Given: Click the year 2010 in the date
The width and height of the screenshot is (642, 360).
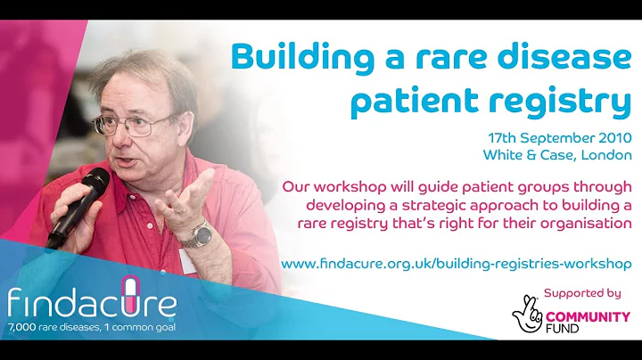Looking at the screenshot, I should [x=613, y=140].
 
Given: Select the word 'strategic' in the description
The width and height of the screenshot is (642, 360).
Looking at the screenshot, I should [x=426, y=206].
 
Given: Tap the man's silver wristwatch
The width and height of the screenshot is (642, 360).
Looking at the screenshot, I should [x=200, y=234].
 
